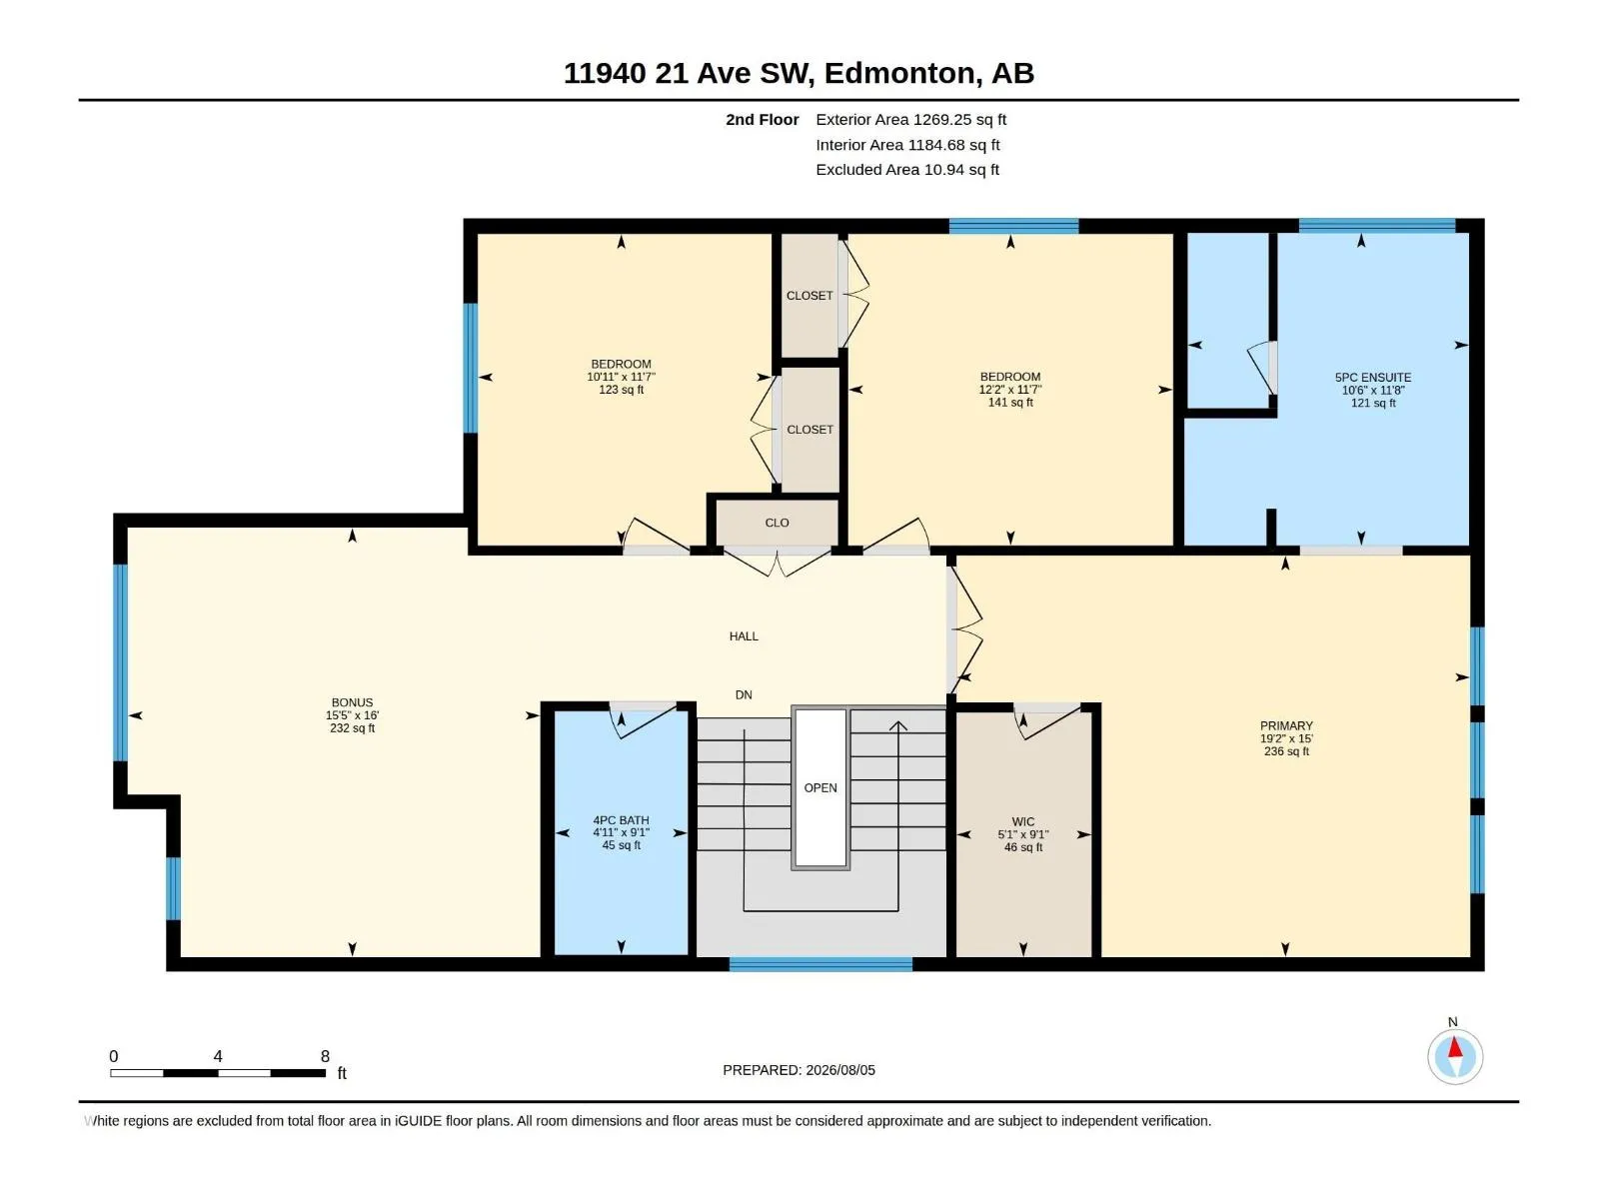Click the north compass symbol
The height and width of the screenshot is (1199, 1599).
tap(1455, 1056)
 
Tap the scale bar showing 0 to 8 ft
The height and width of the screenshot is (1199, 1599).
tap(218, 1072)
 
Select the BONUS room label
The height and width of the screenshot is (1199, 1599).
tap(352, 702)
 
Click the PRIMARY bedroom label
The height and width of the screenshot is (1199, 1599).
tap(1286, 725)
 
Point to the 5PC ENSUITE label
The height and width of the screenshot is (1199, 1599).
tap(1372, 377)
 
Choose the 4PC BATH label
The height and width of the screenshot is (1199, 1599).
tap(621, 819)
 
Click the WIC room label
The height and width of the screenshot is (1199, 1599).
tap(1022, 821)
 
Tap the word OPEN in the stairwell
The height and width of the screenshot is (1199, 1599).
tap(820, 787)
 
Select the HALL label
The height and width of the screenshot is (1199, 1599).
tap(744, 636)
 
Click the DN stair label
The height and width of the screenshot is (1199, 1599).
tap(744, 695)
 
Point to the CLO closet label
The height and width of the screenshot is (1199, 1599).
tap(777, 523)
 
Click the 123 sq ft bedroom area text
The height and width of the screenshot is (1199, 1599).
tap(621, 390)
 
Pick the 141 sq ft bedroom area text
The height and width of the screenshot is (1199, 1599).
tap(1009, 402)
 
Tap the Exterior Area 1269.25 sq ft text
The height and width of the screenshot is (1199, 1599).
tap(910, 119)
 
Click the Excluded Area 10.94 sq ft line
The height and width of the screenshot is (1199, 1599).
tap(907, 170)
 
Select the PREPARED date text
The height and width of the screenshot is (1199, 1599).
tap(799, 1070)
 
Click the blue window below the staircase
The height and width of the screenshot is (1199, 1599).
tap(820, 964)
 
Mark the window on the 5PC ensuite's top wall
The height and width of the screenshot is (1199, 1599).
tap(1376, 225)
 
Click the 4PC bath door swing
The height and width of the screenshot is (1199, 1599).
tap(645, 720)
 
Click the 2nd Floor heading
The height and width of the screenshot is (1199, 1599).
tap(762, 119)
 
